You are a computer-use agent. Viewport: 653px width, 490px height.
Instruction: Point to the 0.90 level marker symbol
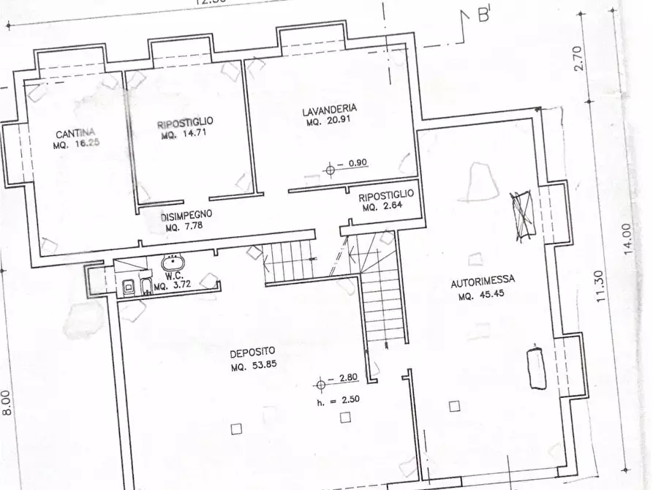click(330, 170)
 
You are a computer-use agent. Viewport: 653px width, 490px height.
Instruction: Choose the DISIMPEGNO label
click(187, 215)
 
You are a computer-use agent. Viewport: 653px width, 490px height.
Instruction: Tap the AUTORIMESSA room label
click(483, 279)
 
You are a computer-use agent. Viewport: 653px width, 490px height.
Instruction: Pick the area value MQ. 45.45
click(482, 296)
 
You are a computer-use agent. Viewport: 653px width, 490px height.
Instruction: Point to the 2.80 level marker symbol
click(320, 383)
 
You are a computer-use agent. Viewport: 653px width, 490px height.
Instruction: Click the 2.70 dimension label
click(578, 58)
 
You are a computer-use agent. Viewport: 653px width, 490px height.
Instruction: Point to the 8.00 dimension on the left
click(7, 403)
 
